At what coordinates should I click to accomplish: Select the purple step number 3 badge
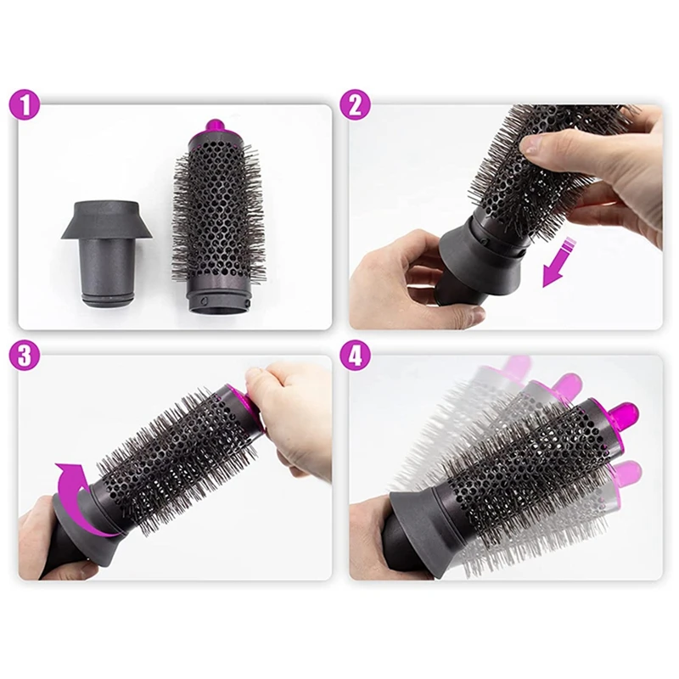click(27, 356)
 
